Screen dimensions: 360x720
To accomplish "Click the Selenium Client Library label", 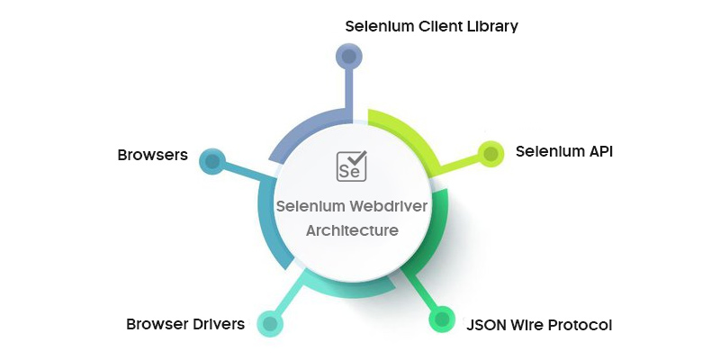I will point(431,25).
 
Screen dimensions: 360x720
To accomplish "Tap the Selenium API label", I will point(563,151).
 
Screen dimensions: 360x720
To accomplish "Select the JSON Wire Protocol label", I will point(538,324).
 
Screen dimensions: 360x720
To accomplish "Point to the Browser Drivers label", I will point(185,324).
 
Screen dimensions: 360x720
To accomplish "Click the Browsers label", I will point(152,155).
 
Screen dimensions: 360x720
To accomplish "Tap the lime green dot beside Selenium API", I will point(490,154).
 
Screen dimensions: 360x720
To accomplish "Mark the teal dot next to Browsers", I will point(212,162).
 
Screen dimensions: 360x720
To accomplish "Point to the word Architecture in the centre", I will point(352,230).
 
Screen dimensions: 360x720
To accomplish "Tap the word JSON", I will point(486,324).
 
